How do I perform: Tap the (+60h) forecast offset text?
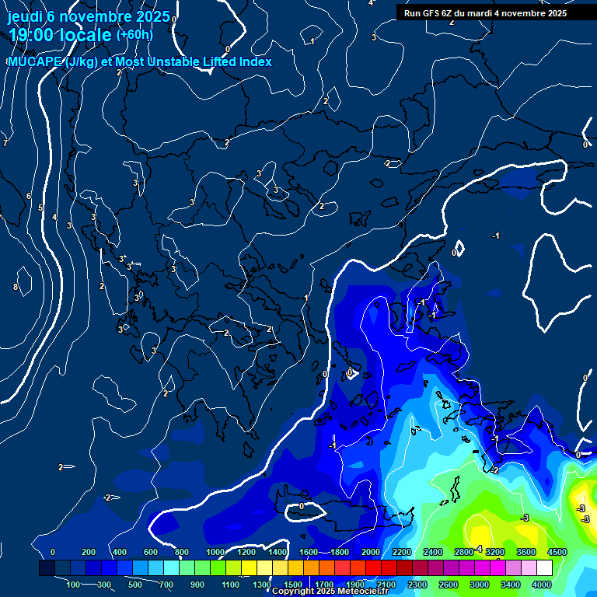[134, 35]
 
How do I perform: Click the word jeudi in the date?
[24, 16]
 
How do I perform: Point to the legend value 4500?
[557, 552]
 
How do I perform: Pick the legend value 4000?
[542, 585]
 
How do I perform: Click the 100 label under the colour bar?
[74, 585]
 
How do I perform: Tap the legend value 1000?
[215, 552]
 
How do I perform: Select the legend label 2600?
[449, 585]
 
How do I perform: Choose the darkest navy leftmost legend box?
[47, 569]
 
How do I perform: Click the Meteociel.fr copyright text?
[330, 592]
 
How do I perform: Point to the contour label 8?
[16, 287]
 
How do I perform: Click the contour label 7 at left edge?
[5, 143]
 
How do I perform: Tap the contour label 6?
[29, 196]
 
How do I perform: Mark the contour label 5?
[40, 208]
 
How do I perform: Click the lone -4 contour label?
[478, 549]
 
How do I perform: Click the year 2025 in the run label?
[551, 13]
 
